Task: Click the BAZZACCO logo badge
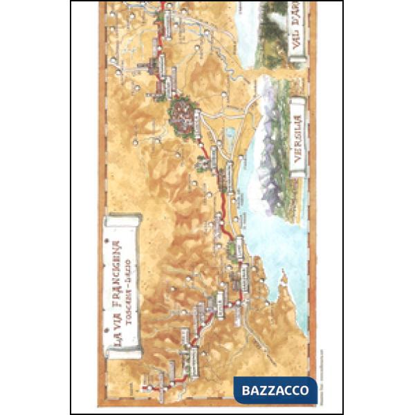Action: (275, 389)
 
